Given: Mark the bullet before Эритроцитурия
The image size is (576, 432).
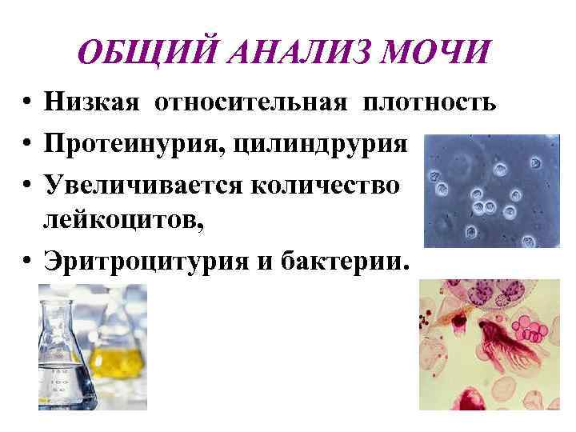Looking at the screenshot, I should [27, 262].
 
